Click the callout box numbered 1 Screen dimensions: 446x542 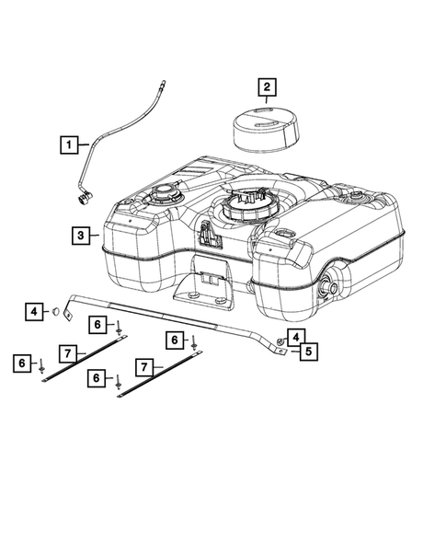[x=69, y=144]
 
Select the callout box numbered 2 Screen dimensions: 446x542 [x=267, y=87]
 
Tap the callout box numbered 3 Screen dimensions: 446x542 [x=81, y=236]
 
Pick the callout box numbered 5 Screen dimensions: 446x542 [x=308, y=352]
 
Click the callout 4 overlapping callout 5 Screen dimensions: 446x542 [x=296, y=338]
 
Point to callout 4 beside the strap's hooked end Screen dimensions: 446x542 [x=34, y=312]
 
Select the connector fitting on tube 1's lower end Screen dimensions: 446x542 [x=84, y=199]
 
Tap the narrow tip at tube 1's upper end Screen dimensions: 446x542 [x=162, y=85]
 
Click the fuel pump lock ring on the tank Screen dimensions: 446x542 [x=245, y=208]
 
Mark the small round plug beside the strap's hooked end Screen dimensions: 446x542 [x=55, y=311]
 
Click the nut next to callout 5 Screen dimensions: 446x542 [x=280, y=342]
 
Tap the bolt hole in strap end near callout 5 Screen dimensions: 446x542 [x=280, y=352]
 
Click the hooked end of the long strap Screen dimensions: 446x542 [x=68, y=313]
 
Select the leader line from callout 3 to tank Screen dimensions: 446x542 [x=95, y=236]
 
